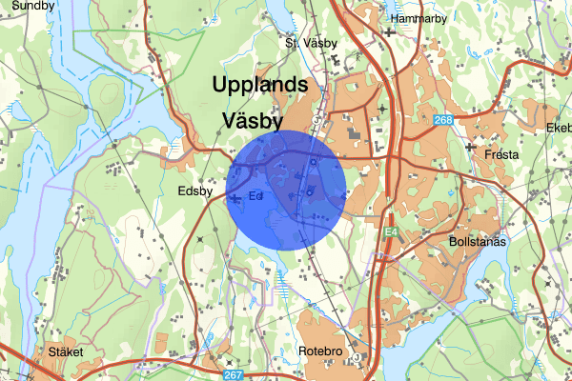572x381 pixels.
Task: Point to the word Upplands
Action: (260, 84)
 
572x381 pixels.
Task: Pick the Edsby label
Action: (198, 190)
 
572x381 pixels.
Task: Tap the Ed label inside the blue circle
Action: (255, 196)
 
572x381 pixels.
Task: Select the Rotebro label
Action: (321, 351)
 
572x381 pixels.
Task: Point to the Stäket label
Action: (65, 351)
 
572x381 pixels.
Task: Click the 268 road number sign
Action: (442, 120)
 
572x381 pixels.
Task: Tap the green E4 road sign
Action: (391, 231)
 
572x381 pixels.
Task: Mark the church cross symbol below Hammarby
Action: (390, 32)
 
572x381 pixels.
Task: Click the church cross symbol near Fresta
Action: (470, 148)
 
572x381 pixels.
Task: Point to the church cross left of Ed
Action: (235, 197)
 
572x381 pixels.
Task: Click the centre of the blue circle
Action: (286, 190)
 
